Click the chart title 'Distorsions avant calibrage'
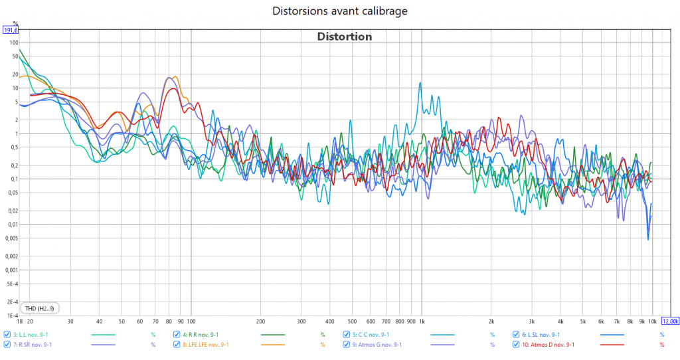(340, 11)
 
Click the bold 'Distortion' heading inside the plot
(344, 37)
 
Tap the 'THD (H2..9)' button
(41, 308)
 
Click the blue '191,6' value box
(11, 31)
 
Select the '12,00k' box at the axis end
(669, 321)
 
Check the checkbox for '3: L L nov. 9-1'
(7, 335)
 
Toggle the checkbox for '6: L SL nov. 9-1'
(516, 335)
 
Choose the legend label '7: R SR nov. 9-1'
(33, 345)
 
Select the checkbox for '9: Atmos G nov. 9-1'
(347, 345)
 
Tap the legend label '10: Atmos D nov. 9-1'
(547, 345)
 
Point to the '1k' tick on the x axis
(422, 321)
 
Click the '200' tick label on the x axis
(260, 321)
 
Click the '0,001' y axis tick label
(11, 270)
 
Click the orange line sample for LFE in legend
(273, 345)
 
